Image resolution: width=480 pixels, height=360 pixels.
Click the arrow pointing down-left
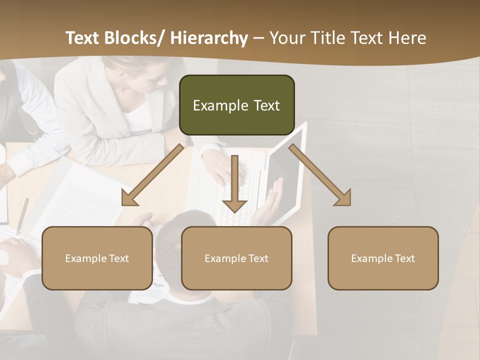[153, 174]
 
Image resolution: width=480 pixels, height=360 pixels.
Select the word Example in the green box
[220, 105]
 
